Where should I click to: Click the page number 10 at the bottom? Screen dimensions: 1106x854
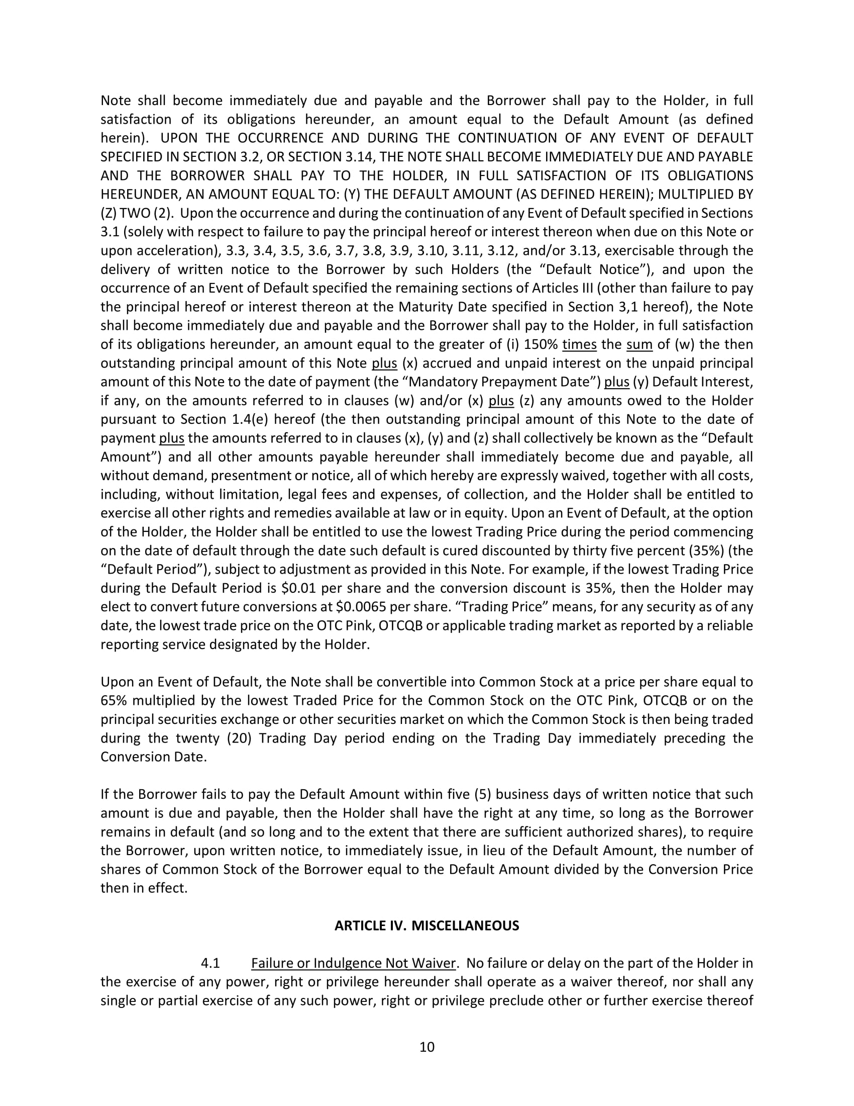coord(426,1047)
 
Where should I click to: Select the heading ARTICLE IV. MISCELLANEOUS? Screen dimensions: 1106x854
coord(426,926)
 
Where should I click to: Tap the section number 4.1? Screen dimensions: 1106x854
coord(210,963)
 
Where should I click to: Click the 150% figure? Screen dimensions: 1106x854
coord(541,344)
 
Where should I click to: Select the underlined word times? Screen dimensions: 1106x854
coord(579,344)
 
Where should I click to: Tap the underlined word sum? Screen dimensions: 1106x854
coord(639,344)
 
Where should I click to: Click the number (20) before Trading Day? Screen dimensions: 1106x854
coord(239,738)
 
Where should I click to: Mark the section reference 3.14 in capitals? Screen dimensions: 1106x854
coord(359,156)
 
